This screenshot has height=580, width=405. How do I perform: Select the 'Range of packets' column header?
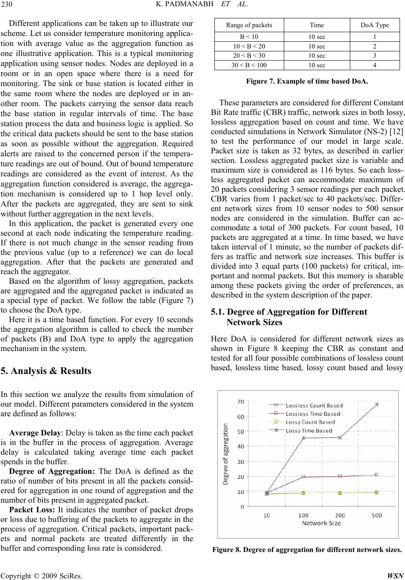pos(249,25)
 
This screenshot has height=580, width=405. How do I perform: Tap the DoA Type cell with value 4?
pos(374,65)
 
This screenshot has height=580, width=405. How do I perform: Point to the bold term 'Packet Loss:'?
pos(28,509)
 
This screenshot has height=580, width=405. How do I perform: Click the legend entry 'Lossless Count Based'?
pos(314,405)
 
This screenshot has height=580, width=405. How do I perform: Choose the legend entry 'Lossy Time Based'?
pos(309,430)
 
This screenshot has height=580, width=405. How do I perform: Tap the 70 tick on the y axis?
pos(241,402)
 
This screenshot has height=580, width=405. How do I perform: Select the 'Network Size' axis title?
pos(321,523)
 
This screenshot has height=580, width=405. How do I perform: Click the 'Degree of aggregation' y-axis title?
pos(226,454)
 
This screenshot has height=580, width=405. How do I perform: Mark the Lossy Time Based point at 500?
pos(377,404)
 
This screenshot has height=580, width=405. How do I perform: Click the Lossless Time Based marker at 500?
pos(377,474)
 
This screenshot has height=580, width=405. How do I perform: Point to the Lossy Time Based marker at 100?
pos(303,438)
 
